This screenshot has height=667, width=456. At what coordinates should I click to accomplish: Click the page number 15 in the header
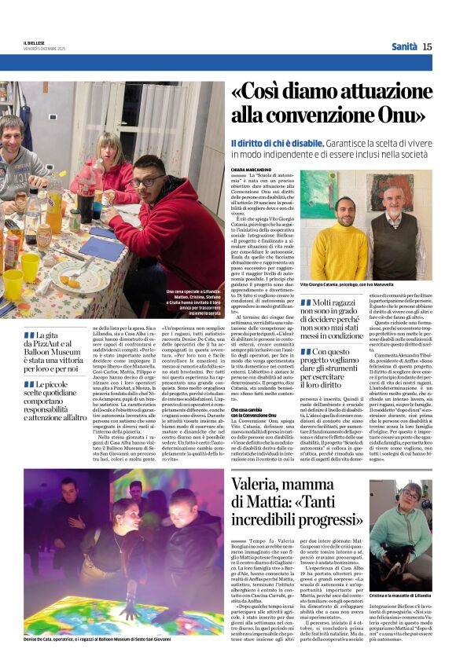(x=427, y=46)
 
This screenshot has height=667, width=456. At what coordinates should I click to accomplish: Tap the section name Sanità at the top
(x=404, y=46)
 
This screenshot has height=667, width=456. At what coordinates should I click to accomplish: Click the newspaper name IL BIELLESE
(x=34, y=42)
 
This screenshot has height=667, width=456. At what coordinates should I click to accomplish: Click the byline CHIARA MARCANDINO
(x=250, y=168)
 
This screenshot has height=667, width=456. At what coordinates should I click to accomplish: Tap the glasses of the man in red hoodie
(x=148, y=182)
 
